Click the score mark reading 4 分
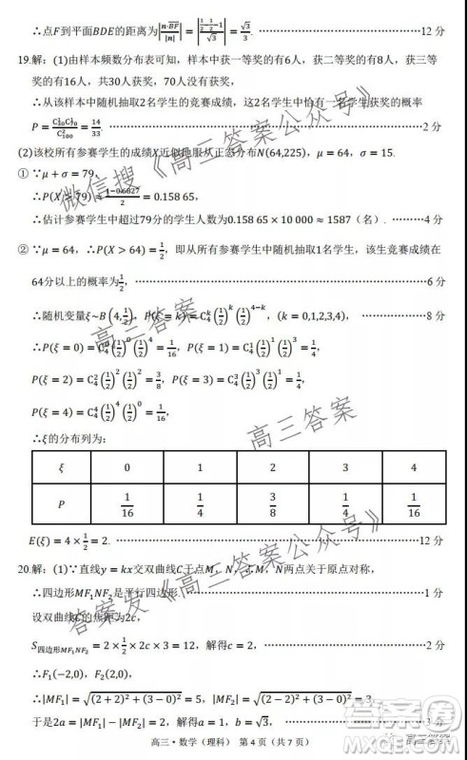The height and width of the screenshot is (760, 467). pos(433,218)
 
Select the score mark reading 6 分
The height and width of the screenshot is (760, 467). pos(433,281)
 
